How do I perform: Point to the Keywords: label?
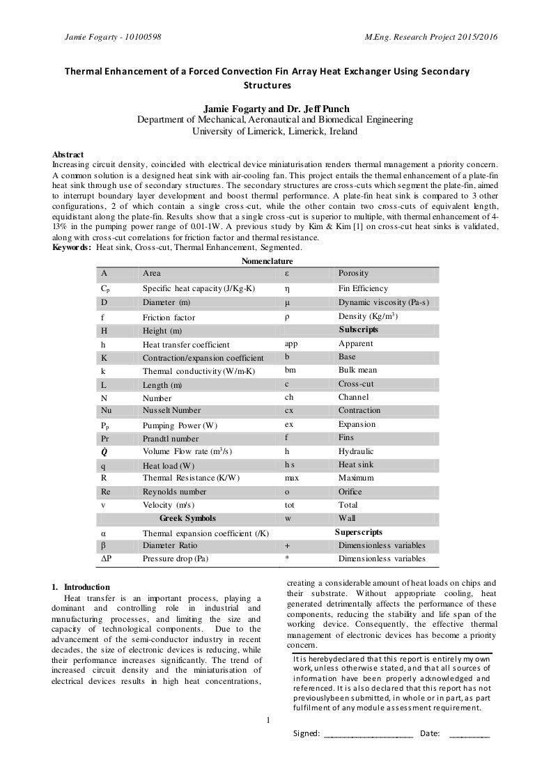pyautogui.click(x=72, y=247)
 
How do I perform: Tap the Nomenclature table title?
pyautogui.click(x=267, y=260)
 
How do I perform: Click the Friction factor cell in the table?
pyautogui.click(x=169, y=317)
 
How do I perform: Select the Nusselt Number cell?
pyautogui.click(x=171, y=410)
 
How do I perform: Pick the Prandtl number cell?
pyautogui.click(x=171, y=439)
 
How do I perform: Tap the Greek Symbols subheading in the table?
pyautogui.click(x=187, y=518)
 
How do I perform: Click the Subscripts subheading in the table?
pyautogui.click(x=358, y=328)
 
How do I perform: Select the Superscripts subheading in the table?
pyautogui.click(x=361, y=531)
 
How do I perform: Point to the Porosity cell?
pyautogui.click(x=353, y=273)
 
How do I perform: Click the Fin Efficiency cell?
pyautogui.click(x=363, y=288)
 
